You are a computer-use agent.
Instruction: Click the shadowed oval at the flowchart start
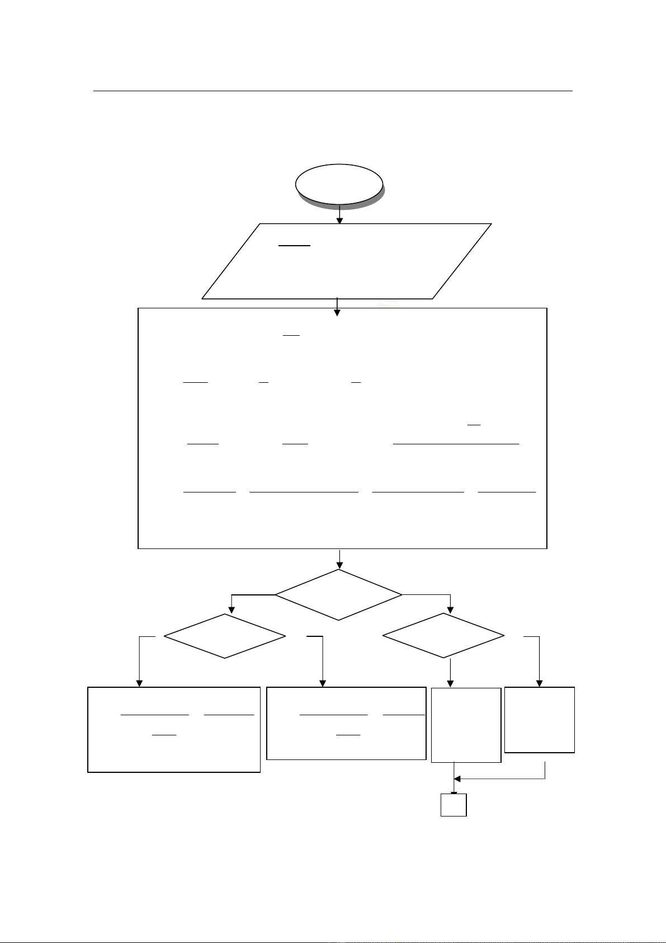coord(339,184)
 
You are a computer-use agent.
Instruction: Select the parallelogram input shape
coord(346,261)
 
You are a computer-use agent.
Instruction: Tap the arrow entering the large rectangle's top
coord(337,307)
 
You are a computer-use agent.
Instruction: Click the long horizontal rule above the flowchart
coord(333,90)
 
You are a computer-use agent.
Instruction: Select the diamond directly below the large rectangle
coord(338,594)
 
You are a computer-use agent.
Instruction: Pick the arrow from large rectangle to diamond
coord(339,559)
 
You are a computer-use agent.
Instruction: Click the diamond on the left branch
coord(225,636)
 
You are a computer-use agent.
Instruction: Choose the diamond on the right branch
coord(443,636)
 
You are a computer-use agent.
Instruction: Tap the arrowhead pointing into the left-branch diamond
coord(232,609)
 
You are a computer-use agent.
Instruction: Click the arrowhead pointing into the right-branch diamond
coord(450,609)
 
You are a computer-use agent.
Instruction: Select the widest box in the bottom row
coord(174,730)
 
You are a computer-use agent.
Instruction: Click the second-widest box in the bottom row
coord(346,723)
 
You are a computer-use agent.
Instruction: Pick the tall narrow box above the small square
coord(466,725)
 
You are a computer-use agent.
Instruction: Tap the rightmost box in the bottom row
coord(540,720)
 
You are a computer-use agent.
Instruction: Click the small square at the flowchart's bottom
coord(454,805)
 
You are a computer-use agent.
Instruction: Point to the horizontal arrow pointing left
coord(498,778)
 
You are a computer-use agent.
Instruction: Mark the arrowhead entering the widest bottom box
coord(139,683)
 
